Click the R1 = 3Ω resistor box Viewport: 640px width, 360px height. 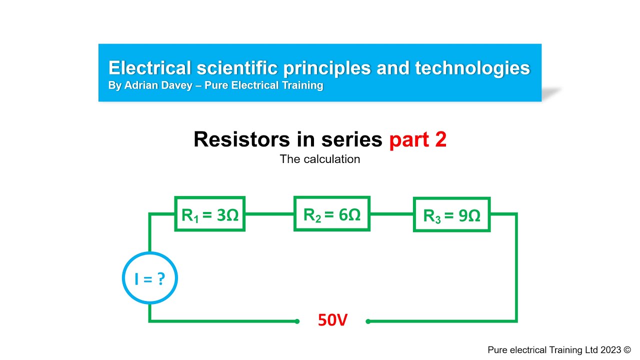(209, 214)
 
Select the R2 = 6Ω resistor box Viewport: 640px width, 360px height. (331, 214)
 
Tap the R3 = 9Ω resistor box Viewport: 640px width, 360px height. (451, 214)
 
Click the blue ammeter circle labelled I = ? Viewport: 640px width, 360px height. (150, 278)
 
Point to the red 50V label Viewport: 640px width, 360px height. (332, 320)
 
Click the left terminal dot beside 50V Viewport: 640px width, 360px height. (297, 321)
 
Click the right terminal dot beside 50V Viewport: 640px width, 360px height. (368, 321)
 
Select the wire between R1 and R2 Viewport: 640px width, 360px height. (269, 214)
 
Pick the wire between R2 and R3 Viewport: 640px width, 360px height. (391, 214)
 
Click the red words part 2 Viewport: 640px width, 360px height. (417, 140)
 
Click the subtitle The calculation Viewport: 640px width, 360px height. (320, 159)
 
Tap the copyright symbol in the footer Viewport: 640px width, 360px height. (627, 350)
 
